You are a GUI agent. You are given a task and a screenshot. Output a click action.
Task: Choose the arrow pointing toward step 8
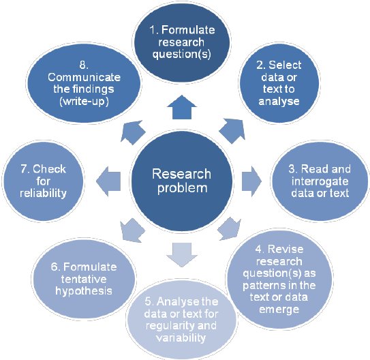click(x=132, y=130)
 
